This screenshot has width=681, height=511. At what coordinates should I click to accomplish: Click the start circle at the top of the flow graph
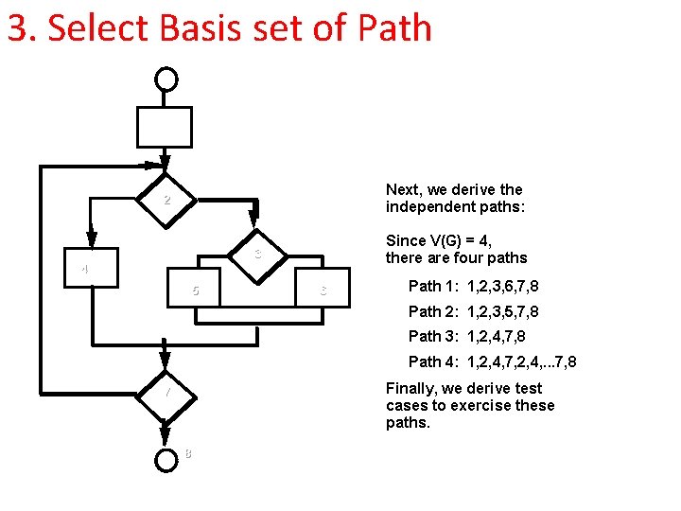point(166,79)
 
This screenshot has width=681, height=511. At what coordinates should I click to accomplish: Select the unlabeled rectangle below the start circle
point(166,127)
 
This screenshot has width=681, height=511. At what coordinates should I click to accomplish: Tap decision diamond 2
point(166,200)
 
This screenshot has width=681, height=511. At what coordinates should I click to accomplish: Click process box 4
point(92,269)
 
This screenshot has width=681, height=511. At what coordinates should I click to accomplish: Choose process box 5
point(196,290)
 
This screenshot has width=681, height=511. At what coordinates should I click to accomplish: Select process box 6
point(323,290)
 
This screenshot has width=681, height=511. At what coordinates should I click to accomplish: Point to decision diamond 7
point(166,392)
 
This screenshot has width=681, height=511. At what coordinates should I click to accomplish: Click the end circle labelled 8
point(166,459)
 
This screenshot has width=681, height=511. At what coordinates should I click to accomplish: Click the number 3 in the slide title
point(16,28)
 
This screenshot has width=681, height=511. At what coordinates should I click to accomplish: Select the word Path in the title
point(393,28)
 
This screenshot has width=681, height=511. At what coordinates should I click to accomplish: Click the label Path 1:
point(434,286)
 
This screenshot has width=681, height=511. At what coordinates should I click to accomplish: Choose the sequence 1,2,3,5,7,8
point(503,311)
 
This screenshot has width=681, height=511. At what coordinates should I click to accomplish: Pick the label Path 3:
point(434,337)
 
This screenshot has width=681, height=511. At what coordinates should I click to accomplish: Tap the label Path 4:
point(434,362)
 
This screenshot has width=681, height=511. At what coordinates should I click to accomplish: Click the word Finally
point(410,388)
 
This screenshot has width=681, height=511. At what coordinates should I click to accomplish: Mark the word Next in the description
point(402,189)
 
